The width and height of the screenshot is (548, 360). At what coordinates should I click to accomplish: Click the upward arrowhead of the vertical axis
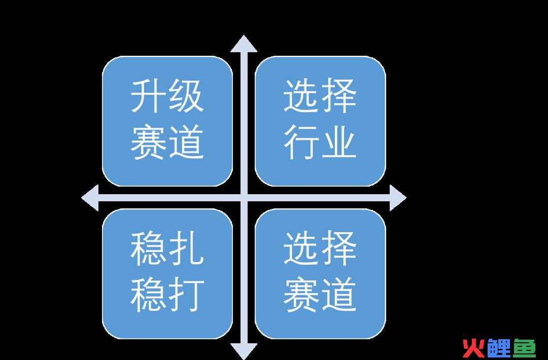[x=244, y=44]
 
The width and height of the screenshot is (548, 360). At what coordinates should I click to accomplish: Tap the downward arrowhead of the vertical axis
[x=244, y=351]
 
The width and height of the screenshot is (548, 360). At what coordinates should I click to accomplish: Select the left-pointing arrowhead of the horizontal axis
[x=90, y=198]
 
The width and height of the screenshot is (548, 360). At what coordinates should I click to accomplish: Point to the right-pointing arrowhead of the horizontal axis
[x=398, y=198]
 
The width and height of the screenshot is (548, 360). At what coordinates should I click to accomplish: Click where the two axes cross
[x=244, y=198]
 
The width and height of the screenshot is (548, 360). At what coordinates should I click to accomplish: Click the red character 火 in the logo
[x=474, y=348]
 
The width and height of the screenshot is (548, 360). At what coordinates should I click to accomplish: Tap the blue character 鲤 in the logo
[x=499, y=348]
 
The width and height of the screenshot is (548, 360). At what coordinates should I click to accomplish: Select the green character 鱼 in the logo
[x=524, y=348]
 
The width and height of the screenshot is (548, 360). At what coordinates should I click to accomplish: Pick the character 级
[x=186, y=95]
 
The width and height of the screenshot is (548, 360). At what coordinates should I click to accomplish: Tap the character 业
[x=338, y=142]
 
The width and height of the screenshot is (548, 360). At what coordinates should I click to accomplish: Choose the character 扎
[x=186, y=248]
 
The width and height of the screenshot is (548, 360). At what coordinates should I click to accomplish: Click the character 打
[x=186, y=295]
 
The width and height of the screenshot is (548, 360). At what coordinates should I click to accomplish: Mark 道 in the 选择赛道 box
[x=338, y=295]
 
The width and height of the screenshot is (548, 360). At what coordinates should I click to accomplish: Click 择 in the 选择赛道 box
[x=338, y=248]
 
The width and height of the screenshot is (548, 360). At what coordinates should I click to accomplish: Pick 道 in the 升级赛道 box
[x=186, y=142]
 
